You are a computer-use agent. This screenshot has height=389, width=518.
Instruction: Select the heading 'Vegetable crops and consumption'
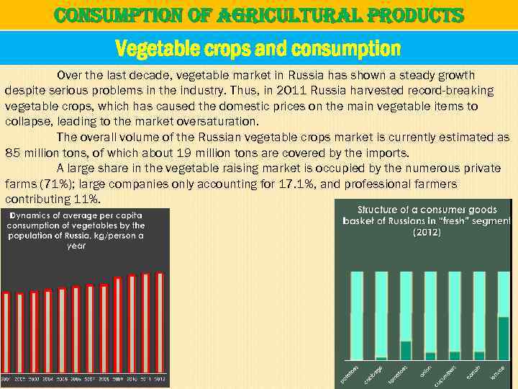tap(258, 48)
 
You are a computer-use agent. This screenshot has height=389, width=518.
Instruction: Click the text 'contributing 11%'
tap(53, 199)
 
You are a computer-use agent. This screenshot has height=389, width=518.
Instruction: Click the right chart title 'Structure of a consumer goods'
tap(427, 210)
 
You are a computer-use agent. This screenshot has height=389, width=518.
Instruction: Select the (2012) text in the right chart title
tap(427, 233)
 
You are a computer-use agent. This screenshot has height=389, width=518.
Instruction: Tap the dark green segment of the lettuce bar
tap(503, 338)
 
